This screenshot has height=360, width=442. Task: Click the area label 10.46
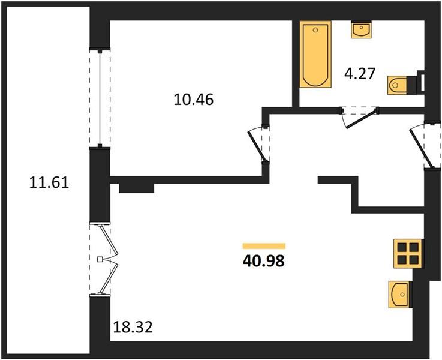193,100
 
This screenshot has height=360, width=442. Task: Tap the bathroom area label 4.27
360,74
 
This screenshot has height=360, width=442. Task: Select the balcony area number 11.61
49,182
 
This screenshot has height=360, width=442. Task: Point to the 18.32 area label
133,327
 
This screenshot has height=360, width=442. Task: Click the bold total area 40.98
264,262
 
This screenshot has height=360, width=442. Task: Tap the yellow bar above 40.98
264,246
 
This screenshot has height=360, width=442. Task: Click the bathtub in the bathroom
315,55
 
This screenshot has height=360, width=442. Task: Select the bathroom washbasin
361,31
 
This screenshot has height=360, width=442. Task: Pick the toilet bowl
397,85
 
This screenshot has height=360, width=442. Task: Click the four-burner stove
408,253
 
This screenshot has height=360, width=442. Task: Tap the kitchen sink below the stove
400,295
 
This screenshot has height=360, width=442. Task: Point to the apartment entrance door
420,146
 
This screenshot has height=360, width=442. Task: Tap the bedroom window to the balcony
100,98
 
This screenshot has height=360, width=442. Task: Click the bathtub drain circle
315,30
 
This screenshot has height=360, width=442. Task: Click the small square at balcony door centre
100,259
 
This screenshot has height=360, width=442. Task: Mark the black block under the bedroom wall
136,188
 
